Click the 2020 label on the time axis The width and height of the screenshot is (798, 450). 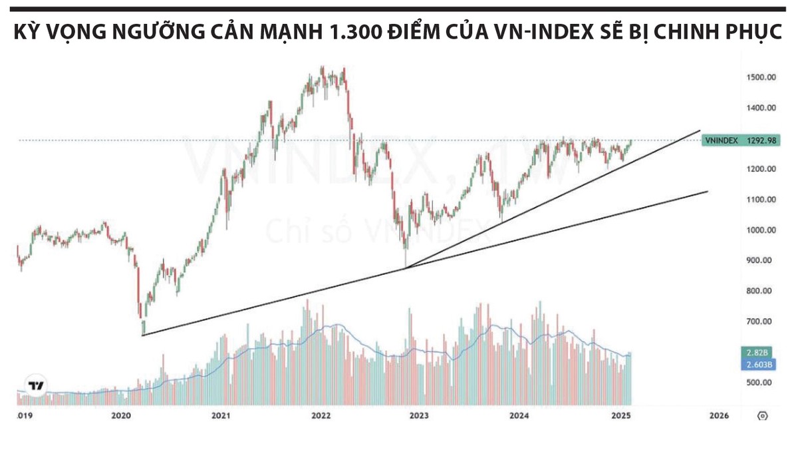[121, 415]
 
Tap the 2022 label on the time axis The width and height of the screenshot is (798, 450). [321, 415]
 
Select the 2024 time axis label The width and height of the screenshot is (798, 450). [519, 415]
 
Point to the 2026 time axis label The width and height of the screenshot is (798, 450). [719, 415]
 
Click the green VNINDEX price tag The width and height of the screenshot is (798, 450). [722, 140]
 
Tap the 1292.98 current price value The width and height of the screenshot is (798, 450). [761, 140]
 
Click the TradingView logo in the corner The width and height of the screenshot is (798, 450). [36, 385]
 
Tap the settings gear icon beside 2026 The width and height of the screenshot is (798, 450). [762, 416]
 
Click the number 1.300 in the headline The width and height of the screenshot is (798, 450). [359, 33]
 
